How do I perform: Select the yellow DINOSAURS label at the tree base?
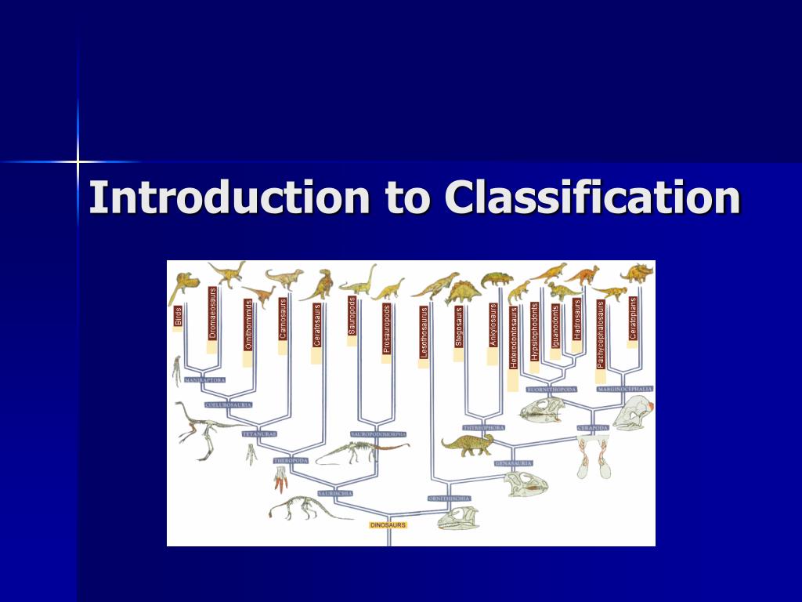pos(388,524)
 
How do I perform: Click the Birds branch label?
pos(179,317)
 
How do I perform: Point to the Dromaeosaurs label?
pos(212,313)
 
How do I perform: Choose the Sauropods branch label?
pos(352,316)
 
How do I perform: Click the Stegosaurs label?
pos(459,326)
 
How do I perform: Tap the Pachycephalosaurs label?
pos(601,335)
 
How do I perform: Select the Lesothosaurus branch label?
pos(424,332)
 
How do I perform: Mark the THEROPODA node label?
pos(291,460)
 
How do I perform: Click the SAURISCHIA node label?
pos(335,493)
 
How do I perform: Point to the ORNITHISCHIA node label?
pos(449,498)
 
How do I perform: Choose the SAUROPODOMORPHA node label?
pos(378,433)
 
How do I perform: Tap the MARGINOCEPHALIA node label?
pos(625,389)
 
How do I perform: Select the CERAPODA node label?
pos(592,428)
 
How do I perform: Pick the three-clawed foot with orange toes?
pos(280,477)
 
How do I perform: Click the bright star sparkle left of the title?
pos(78,161)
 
